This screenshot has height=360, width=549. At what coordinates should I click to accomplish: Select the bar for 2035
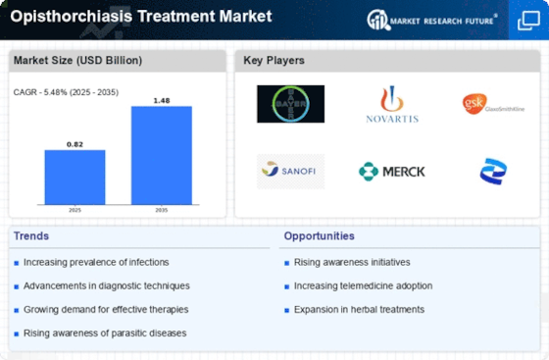[162, 155]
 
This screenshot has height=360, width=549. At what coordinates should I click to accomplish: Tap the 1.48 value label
[162, 99]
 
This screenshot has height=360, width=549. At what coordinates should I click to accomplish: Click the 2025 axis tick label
[75, 209]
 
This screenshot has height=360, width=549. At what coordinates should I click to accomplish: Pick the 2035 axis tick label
[162, 209]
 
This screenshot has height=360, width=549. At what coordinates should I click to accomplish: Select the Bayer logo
[290, 103]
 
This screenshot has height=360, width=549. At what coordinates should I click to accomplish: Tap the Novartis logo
[392, 105]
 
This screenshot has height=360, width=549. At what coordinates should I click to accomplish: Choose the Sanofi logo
[290, 171]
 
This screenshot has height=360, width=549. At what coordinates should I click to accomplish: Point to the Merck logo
[392, 171]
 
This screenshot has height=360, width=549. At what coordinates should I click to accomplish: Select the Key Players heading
[274, 60]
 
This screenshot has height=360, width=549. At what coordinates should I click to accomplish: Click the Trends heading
[32, 236]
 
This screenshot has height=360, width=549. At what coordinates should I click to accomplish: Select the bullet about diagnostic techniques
[106, 285]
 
